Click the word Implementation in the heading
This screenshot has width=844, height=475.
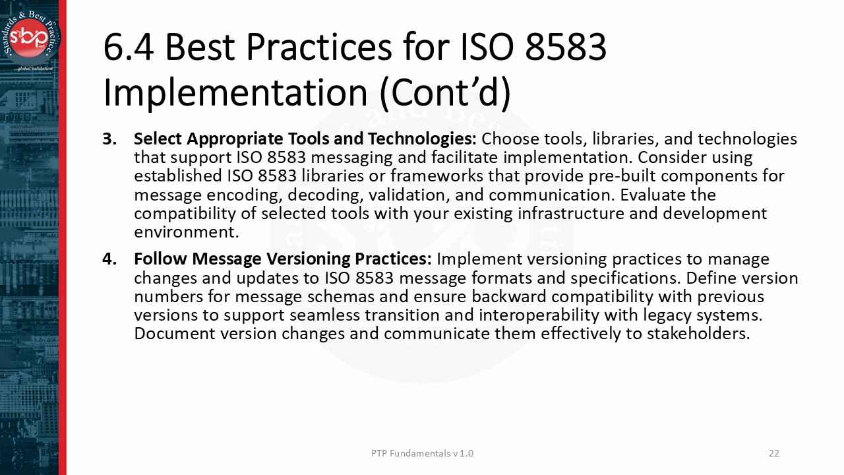pos(235,92)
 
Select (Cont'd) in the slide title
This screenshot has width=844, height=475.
pos(445,92)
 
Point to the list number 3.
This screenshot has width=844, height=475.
pos(109,139)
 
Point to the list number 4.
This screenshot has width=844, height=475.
pos(109,259)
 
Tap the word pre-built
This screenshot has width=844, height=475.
pos(625,176)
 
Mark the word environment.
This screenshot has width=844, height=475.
pos(186,232)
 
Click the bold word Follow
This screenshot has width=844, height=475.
pos(160,259)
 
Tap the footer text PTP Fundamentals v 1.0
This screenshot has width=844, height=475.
pos(422,453)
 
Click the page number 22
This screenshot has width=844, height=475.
pos(774,453)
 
